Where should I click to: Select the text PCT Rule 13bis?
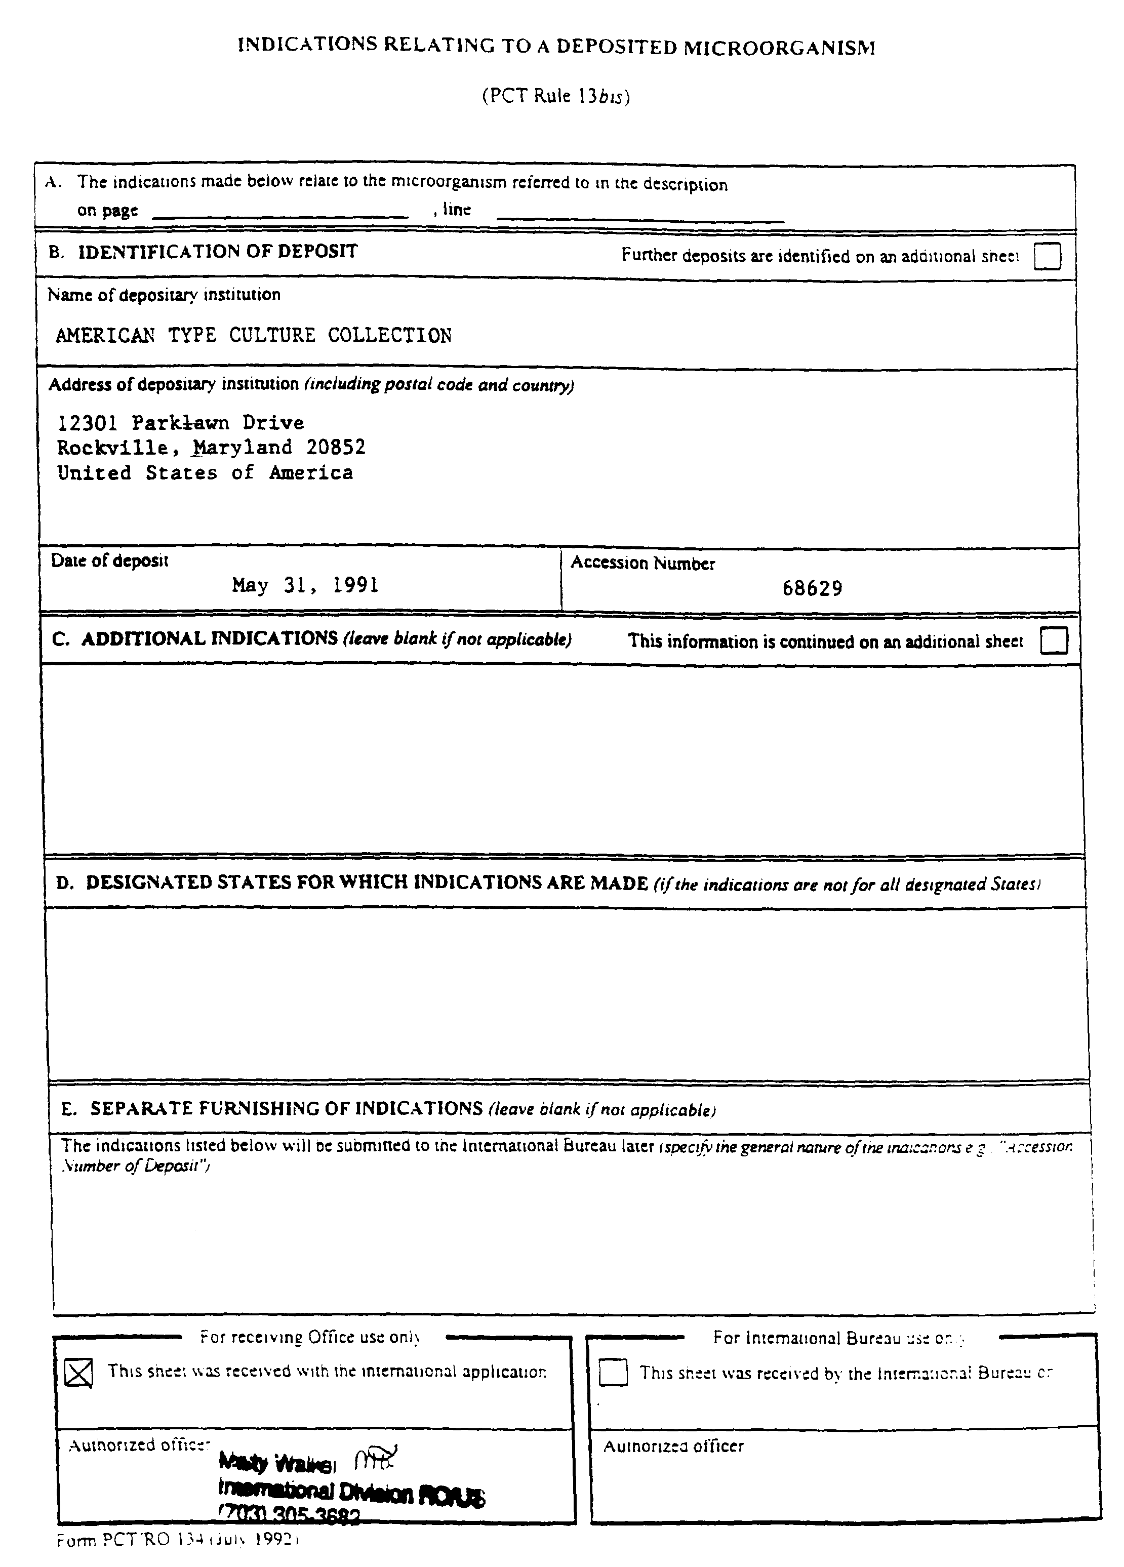pyautogui.click(x=555, y=95)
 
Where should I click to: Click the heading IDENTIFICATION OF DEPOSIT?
pyautogui.click(x=218, y=252)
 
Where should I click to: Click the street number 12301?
pyautogui.click(x=87, y=423)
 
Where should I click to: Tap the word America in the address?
pyautogui.click(x=311, y=473)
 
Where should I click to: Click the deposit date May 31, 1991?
pyautogui.click(x=305, y=586)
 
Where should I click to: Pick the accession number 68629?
pyautogui.click(x=812, y=589)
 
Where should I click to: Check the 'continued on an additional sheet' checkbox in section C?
pyautogui.click(x=1053, y=640)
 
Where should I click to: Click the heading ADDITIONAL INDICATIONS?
pyautogui.click(x=209, y=638)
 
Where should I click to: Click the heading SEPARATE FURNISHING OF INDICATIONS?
pyautogui.click(x=286, y=1108)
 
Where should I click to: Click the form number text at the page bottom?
pyautogui.click(x=178, y=1539)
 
